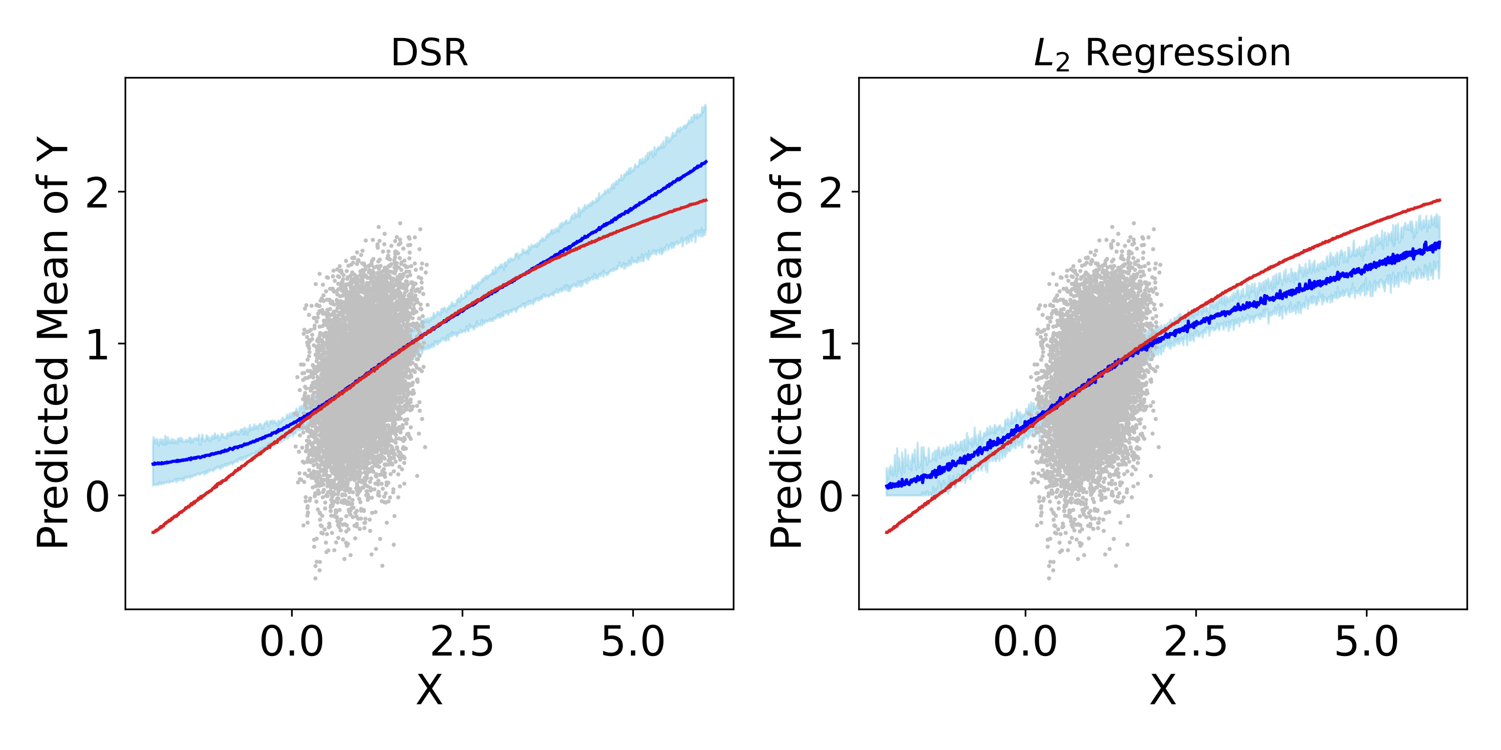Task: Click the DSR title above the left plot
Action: [x=429, y=53]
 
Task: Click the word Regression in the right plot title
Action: [x=1188, y=53]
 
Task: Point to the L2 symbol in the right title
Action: [x=1051, y=55]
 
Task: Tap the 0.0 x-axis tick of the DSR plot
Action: [x=291, y=642]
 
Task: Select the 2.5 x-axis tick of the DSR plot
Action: [x=462, y=642]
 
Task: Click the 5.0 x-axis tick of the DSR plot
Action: [x=633, y=642]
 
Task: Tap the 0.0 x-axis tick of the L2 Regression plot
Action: [x=1025, y=642]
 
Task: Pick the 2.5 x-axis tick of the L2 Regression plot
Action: [x=1196, y=642]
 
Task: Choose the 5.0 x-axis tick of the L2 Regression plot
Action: [x=1366, y=642]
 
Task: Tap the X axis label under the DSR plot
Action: [x=429, y=690]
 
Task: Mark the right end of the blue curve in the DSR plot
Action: [x=705, y=162]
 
